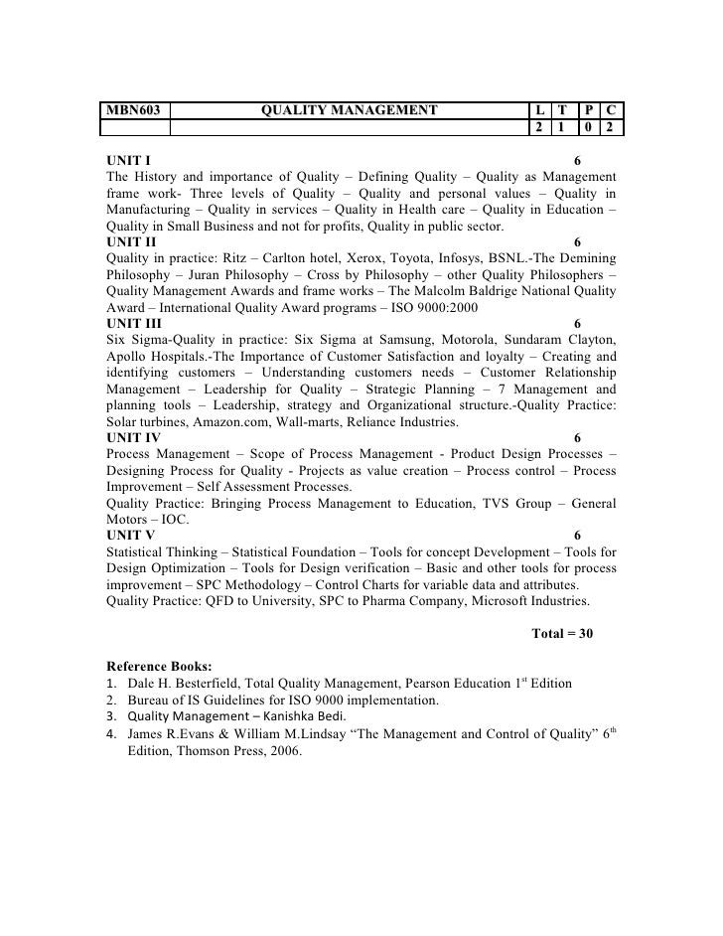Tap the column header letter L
tap(538, 111)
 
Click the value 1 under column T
tap(562, 129)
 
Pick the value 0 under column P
tap(589, 129)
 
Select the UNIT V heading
tap(130, 535)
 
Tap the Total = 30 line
tap(562, 633)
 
